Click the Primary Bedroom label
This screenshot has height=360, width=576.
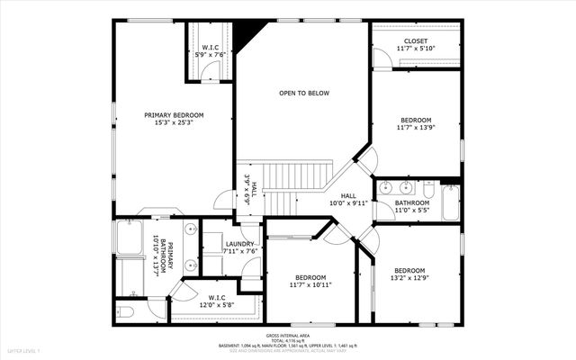pyautogui.click(x=175, y=118)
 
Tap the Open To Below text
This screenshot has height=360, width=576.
pyautogui.click(x=303, y=93)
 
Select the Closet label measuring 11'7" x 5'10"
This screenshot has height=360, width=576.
pyautogui.click(x=416, y=44)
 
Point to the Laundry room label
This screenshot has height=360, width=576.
pyautogui.click(x=239, y=247)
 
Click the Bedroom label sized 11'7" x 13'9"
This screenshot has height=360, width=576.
pyautogui.click(x=416, y=124)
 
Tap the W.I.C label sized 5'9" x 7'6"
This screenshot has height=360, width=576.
pyautogui.click(x=210, y=50)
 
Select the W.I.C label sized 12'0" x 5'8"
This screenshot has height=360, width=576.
pyautogui.click(x=217, y=301)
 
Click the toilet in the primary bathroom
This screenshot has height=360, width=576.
pyautogui.click(x=125, y=311)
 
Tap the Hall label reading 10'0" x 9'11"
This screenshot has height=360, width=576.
pyautogui.click(x=348, y=199)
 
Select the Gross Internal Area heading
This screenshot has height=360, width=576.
pyautogui.click(x=287, y=334)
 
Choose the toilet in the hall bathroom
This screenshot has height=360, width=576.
pyautogui.click(x=428, y=189)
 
